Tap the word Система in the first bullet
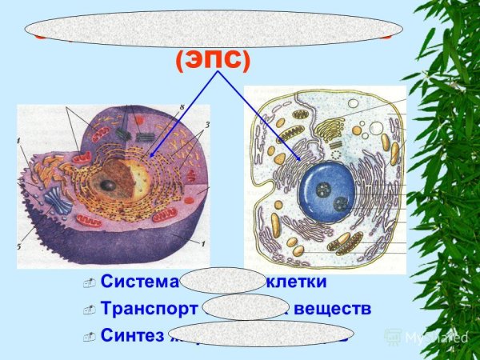click(140, 282)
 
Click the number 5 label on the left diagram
click(20, 247)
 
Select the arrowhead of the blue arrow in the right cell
click(300, 161)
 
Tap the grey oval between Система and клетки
click(222, 281)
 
